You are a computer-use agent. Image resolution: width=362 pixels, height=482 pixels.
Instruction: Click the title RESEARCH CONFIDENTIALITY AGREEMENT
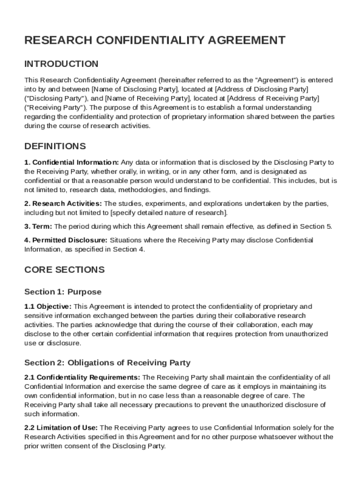pyautogui.click(x=155, y=40)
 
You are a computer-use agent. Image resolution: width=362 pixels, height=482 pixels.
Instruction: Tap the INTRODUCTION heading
pyautogui.click(x=61, y=64)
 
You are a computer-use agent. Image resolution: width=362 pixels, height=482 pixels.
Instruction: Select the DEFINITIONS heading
pyautogui.click(x=55, y=146)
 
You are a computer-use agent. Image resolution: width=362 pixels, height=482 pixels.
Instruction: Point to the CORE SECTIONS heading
pyautogui.click(x=64, y=270)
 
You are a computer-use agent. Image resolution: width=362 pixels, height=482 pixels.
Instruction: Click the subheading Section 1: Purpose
pyautogui.click(x=63, y=292)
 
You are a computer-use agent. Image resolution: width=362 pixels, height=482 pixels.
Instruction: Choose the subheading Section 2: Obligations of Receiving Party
pyautogui.click(x=107, y=362)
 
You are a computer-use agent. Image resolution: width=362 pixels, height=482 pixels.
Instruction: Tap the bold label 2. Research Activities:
pyautogui.click(x=63, y=203)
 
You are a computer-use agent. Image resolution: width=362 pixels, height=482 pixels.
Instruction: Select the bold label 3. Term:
pyautogui.click(x=38, y=226)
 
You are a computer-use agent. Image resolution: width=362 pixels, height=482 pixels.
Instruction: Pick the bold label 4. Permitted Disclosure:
pyautogui.click(x=66, y=240)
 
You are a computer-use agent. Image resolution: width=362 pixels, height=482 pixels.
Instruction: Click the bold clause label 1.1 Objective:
pyautogui.click(x=48, y=306)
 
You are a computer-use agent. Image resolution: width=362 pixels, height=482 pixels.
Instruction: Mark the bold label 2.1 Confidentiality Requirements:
pyautogui.click(x=82, y=377)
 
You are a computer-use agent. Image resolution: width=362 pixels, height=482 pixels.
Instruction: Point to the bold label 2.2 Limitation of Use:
pyautogui.click(x=61, y=428)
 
